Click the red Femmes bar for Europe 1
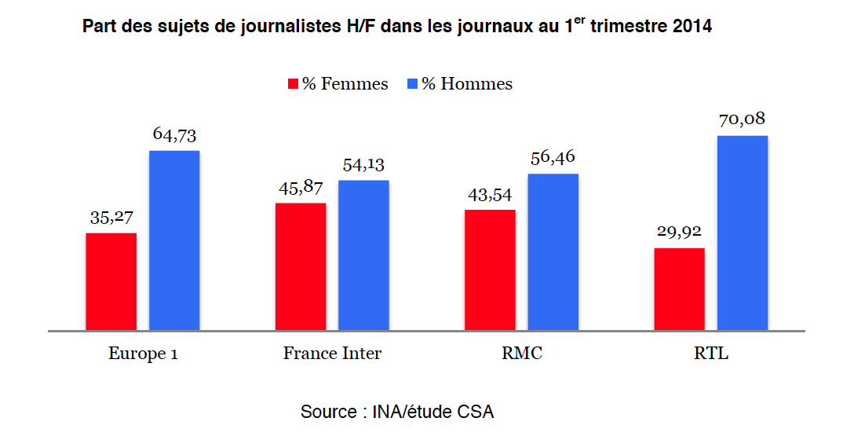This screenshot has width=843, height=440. [x=111, y=281]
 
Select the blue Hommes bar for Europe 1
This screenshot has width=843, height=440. [x=174, y=240]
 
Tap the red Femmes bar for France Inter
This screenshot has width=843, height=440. [x=301, y=266]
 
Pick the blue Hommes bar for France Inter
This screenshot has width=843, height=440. [x=363, y=255]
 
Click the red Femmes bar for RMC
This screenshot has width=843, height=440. [x=490, y=269]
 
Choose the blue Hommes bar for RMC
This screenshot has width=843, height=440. [x=553, y=251]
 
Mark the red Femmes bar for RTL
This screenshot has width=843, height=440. [x=679, y=288]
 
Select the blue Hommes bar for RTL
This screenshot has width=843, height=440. [x=743, y=233]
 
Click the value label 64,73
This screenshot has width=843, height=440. [x=175, y=135]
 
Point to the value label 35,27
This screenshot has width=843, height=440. [x=111, y=218]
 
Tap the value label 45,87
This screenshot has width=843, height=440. [x=301, y=188]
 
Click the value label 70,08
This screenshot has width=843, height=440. [x=742, y=120]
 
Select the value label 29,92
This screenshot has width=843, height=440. [x=679, y=233]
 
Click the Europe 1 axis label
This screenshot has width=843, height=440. [x=143, y=354]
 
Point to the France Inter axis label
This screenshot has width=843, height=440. [x=332, y=354]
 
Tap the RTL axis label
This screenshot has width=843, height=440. [x=711, y=354]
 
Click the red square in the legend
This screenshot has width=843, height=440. [x=294, y=84]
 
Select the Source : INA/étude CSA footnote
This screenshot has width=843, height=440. [x=397, y=412]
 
